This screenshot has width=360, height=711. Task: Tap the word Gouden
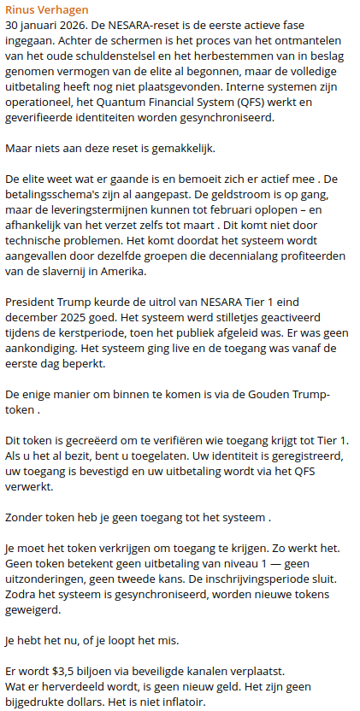tap(262, 395)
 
